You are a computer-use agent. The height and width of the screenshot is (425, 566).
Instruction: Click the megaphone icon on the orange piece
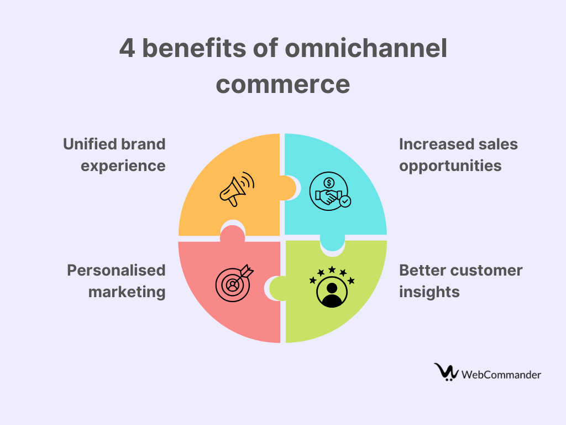pyautogui.click(x=237, y=189)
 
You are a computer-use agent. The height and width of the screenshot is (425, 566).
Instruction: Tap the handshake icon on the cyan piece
pyautogui.click(x=330, y=191)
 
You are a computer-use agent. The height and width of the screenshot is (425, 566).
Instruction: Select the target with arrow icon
pyautogui.click(x=234, y=283)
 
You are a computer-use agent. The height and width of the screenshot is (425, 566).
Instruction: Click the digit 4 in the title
pyautogui.click(x=127, y=49)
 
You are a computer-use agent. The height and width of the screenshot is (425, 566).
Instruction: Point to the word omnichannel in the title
pyautogui.click(x=366, y=48)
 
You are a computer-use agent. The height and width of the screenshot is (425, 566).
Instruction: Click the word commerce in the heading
pyautogui.click(x=283, y=85)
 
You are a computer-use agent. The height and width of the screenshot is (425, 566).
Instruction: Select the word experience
pyautogui.click(x=123, y=166)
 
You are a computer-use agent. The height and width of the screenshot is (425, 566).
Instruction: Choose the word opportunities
pyautogui.click(x=450, y=166)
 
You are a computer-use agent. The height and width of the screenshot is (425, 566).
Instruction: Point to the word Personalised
pyautogui.click(x=116, y=270)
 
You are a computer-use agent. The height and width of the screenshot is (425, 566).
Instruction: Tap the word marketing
pyautogui.click(x=127, y=292)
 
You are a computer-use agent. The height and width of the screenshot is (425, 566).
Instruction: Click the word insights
pyautogui.click(x=429, y=292)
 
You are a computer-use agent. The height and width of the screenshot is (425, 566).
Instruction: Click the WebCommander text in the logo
pyautogui.click(x=501, y=375)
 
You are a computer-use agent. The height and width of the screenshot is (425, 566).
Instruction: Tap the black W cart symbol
pyautogui.click(x=446, y=372)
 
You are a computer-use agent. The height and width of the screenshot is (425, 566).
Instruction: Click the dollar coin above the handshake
pyautogui.click(x=329, y=183)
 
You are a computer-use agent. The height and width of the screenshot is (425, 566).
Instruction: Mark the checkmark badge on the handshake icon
pyautogui.click(x=345, y=201)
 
